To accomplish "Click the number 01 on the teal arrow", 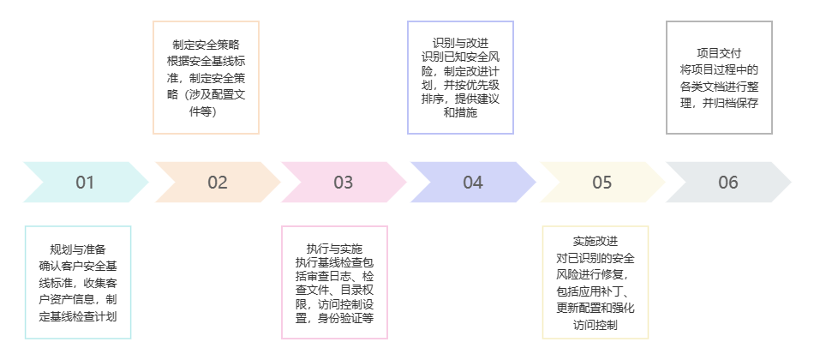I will tap(85, 182).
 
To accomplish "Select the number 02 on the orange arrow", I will tap(218, 182).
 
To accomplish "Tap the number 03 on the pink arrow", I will tap(344, 182).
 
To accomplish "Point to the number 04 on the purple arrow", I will tap(473, 182).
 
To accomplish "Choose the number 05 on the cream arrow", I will tap(602, 182).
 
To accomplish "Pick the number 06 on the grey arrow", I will tap(728, 182).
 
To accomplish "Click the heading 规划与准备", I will tap(78, 249).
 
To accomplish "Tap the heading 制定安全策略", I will tap(206, 45).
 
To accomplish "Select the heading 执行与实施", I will tap(334, 249).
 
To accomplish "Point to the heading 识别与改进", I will tap(461, 43).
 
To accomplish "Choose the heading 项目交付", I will tap(719, 53).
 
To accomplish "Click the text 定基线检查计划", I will tap(78, 316).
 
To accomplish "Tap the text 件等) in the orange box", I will tap(206, 111).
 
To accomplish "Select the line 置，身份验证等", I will tap(334, 317).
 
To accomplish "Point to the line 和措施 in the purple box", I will tap(461, 112).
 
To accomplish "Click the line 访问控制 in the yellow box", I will tap(596, 325).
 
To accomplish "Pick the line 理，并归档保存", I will tap(719, 103).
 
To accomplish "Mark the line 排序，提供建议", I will tap(461, 99).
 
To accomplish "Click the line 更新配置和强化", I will tap(596, 309).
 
